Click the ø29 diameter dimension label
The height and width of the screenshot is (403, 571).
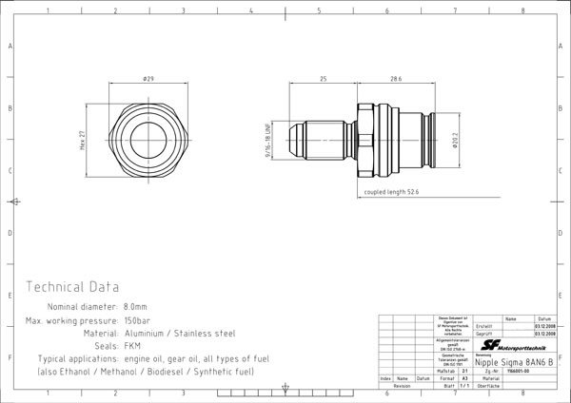(148, 79)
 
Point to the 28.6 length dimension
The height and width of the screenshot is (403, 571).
(395, 79)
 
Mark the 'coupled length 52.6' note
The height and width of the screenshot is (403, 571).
(391, 191)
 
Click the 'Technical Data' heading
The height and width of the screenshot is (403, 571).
(72, 286)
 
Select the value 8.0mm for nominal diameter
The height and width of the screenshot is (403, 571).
(134, 308)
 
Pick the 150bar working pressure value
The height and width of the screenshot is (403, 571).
(139, 321)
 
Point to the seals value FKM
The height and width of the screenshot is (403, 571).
(133, 346)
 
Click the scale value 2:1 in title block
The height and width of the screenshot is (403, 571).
(464, 371)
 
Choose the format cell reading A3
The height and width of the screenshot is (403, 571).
(464, 378)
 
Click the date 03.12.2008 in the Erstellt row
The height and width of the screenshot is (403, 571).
(544, 326)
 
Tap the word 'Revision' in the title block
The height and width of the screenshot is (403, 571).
(402, 387)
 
